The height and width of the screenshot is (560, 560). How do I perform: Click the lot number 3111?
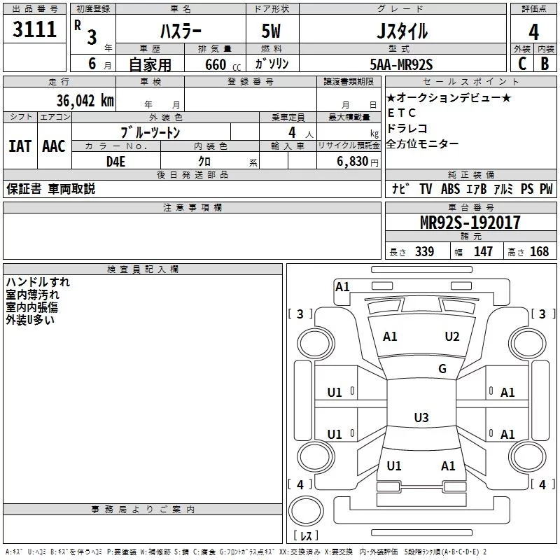pyautogui.click(x=34, y=29)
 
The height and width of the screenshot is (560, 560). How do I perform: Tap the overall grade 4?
pyautogui.click(x=533, y=32)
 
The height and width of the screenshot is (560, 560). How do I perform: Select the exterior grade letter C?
pyautogui.click(x=522, y=64)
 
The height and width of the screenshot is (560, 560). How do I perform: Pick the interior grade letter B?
pyautogui.click(x=545, y=64)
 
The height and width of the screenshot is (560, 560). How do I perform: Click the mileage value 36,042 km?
pyautogui.click(x=85, y=101)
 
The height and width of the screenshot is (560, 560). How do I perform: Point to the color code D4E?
pyautogui.click(x=115, y=162)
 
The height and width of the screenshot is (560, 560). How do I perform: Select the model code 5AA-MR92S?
pyautogui.click(x=401, y=64)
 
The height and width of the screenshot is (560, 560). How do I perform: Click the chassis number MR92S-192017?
pyautogui.click(x=470, y=223)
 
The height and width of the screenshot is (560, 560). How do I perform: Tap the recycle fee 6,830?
pyautogui.click(x=353, y=161)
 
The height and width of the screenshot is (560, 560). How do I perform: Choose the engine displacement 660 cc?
pyautogui.click(x=223, y=64)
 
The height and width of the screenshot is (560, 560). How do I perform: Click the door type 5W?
pyautogui.click(x=271, y=31)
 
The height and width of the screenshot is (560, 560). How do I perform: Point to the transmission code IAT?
pyautogui.click(x=20, y=146)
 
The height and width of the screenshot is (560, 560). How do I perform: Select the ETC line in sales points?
pyautogui.click(x=401, y=113)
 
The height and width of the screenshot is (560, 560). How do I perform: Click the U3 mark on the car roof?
pyautogui.click(x=421, y=417)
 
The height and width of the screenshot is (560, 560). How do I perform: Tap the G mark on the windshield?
pyautogui.click(x=442, y=368)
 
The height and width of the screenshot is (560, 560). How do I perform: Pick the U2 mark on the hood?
pyautogui.click(x=451, y=336)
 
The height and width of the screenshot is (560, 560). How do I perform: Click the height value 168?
pyautogui.click(x=539, y=251)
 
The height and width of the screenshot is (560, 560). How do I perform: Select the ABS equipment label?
pyautogui.click(x=450, y=188)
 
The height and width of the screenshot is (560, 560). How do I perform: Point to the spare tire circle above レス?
pyautogui.click(x=306, y=511)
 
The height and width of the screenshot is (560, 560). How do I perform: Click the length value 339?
pyautogui.click(x=424, y=251)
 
